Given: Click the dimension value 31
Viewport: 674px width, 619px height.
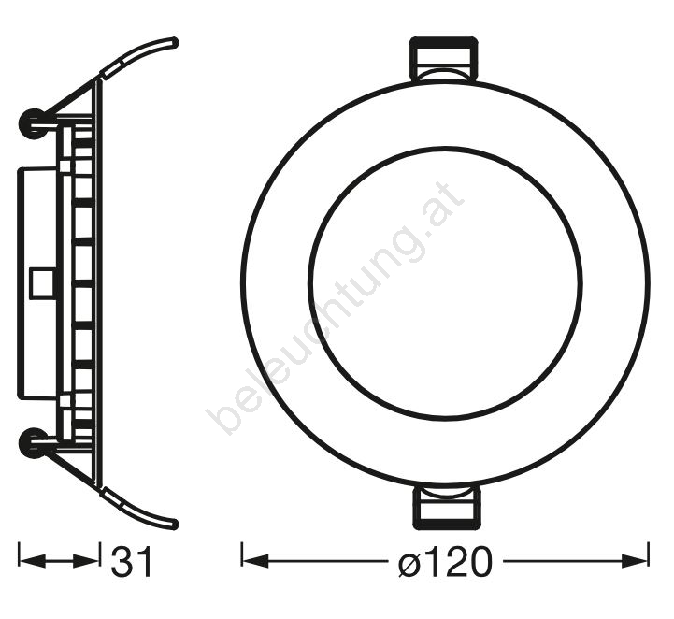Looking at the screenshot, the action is [132, 561].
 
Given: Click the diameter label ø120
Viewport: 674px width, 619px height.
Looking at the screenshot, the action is [444, 561].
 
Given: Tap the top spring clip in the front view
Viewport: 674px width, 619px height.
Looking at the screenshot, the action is [444, 59].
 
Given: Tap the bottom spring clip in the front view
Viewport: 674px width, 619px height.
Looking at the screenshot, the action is [447, 508].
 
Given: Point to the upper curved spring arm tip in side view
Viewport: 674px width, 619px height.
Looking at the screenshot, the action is [174, 43].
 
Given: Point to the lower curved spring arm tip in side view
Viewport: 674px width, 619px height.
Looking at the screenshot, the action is [174, 525].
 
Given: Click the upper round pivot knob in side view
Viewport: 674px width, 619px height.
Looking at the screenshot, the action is [32, 123].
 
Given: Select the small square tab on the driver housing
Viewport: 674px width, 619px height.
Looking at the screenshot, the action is [42, 283].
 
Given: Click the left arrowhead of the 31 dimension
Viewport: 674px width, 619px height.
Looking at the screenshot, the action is [33, 561].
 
